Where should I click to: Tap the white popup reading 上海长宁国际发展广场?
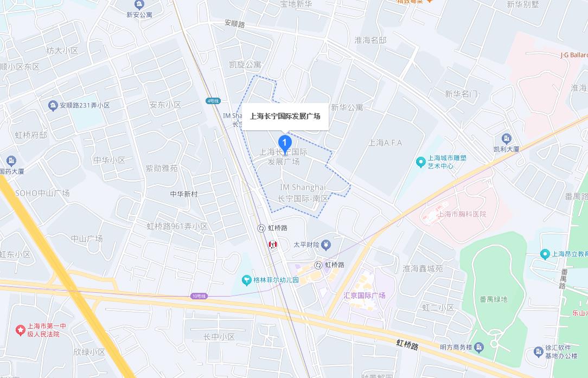[285, 116]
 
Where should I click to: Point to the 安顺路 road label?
[234, 24]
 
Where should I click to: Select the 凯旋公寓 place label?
[245, 65]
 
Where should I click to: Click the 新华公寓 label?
[347, 107]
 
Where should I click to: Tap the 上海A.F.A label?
[385, 143]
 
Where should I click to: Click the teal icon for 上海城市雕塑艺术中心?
[420, 162]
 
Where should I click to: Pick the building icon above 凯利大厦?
[507, 138]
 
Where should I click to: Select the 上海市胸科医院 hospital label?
[462, 214]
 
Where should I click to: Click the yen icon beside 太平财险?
[325, 245]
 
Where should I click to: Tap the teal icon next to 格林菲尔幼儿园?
[246, 280]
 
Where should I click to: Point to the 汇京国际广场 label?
[365, 296]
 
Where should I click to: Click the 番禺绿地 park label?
[493, 299]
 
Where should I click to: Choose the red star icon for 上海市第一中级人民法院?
[20, 330]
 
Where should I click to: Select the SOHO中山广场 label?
[42, 193]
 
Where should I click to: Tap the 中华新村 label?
[184, 194]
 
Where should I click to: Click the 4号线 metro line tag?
[213, 101]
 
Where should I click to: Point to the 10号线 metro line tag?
[199, 296]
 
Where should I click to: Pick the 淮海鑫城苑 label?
[423, 268]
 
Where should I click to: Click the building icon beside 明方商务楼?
[480, 347]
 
